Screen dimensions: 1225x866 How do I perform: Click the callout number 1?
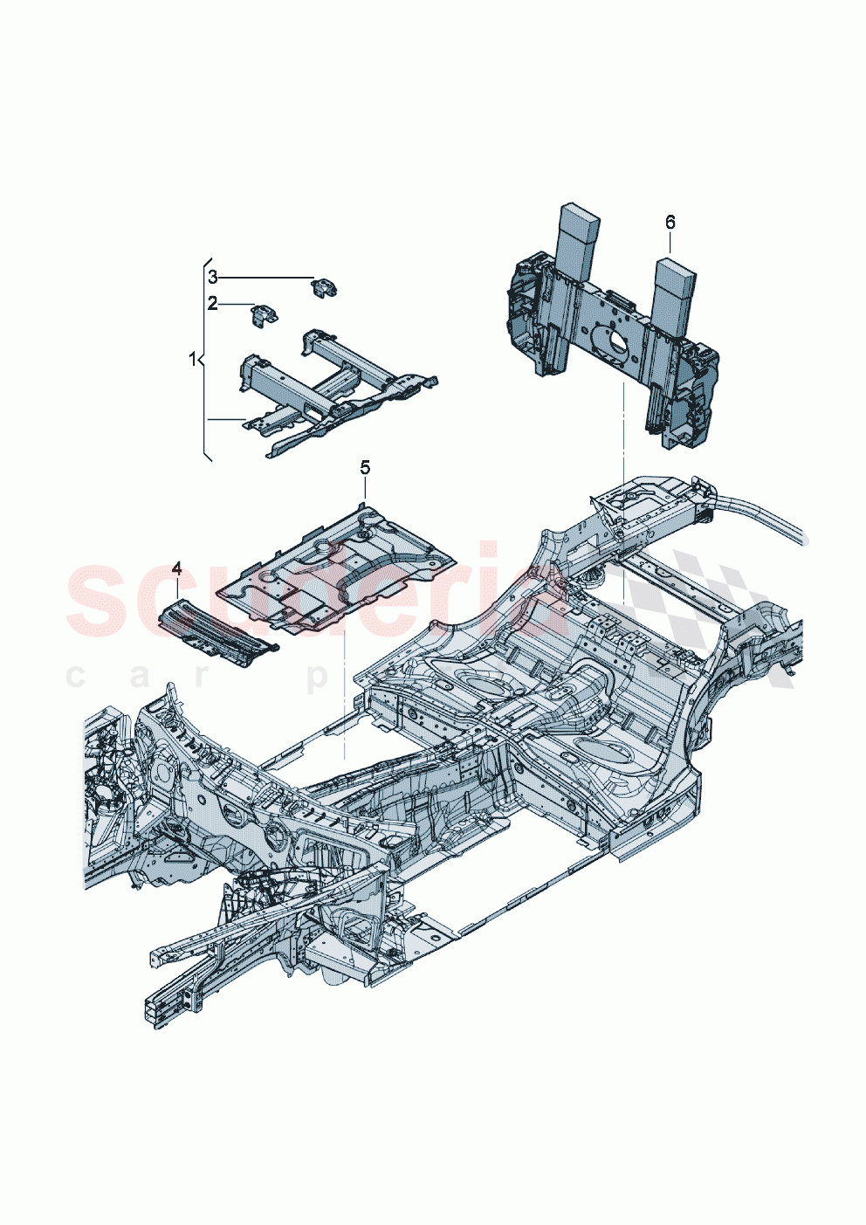[193, 358]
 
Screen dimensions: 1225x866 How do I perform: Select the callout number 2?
[212, 304]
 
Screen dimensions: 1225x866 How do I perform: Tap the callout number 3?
[212, 277]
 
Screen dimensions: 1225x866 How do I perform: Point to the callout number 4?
[176, 568]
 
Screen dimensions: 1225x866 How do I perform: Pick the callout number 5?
[365, 468]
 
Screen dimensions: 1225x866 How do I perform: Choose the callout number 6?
[670, 223]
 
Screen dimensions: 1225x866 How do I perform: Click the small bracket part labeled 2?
[264, 315]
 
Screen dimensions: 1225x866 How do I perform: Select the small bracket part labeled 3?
[325, 287]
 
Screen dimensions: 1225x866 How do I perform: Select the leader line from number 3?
[266, 277]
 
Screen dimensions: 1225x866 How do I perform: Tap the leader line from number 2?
[236, 304]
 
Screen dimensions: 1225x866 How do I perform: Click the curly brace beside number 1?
[206, 358]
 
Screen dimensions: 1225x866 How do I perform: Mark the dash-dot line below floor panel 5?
[346, 699]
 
